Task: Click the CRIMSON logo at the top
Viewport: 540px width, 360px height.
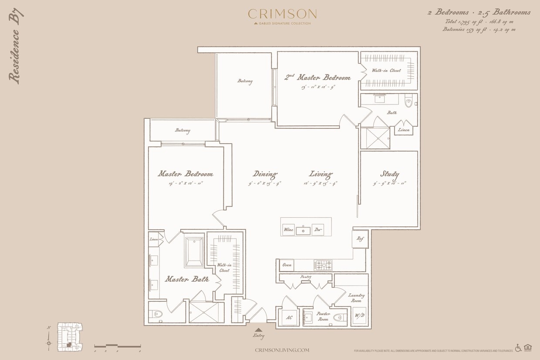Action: [282, 14]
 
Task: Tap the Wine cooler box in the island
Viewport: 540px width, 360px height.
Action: [288, 229]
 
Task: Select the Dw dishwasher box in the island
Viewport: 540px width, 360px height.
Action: [318, 229]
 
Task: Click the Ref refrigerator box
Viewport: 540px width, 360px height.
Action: [360, 239]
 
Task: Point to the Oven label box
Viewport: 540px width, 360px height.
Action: [287, 265]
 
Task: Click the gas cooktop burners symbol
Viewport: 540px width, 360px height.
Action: [323, 265]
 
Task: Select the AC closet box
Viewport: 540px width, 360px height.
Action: [288, 317]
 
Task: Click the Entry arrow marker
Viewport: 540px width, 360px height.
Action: [259, 330]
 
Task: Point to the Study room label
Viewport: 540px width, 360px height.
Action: [389, 174]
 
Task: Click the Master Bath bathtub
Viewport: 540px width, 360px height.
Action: [193, 251]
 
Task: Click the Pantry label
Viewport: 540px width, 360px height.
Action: [305, 277]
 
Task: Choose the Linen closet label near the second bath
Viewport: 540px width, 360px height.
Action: [404, 130]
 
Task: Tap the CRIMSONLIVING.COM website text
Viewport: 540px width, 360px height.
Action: [282, 350]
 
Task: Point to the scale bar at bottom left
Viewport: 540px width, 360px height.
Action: [117, 347]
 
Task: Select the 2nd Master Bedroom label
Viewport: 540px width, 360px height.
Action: [317, 77]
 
